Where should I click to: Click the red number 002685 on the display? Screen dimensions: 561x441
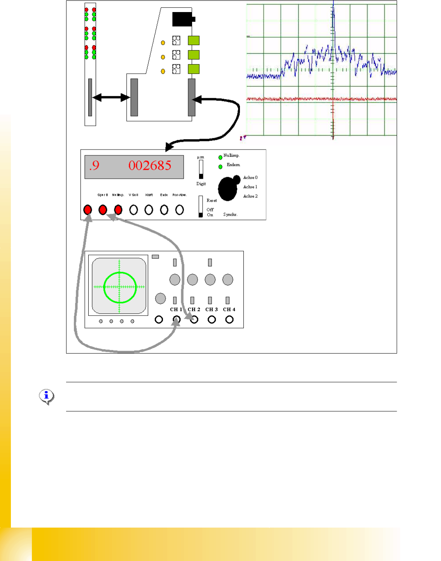click(x=150, y=166)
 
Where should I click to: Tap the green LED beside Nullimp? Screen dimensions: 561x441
click(x=220, y=157)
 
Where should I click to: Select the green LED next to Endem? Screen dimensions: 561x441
click(x=220, y=167)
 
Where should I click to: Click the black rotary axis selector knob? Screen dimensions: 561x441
click(x=228, y=188)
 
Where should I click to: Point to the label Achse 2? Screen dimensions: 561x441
click(x=250, y=196)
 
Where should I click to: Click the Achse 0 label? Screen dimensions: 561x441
click(x=250, y=178)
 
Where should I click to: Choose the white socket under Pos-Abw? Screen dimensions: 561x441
click(x=179, y=210)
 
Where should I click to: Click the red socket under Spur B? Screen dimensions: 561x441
click(x=103, y=210)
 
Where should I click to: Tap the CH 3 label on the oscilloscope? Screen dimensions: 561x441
click(x=212, y=310)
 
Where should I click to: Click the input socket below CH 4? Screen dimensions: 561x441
click(x=229, y=319)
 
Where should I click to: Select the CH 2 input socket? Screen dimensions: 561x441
click(x=194, y=319)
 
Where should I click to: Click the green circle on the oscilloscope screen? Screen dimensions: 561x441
click(x=120, y=287)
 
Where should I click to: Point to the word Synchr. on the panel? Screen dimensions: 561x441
click(x=230, y=214)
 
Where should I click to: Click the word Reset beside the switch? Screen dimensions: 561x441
click(x=212, y=200)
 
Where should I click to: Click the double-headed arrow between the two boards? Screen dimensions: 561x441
click(x=111, y=98)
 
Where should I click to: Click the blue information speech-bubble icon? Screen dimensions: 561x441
click(x=46, y=396)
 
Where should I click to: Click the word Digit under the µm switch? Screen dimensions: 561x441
click(x=201, y=184)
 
